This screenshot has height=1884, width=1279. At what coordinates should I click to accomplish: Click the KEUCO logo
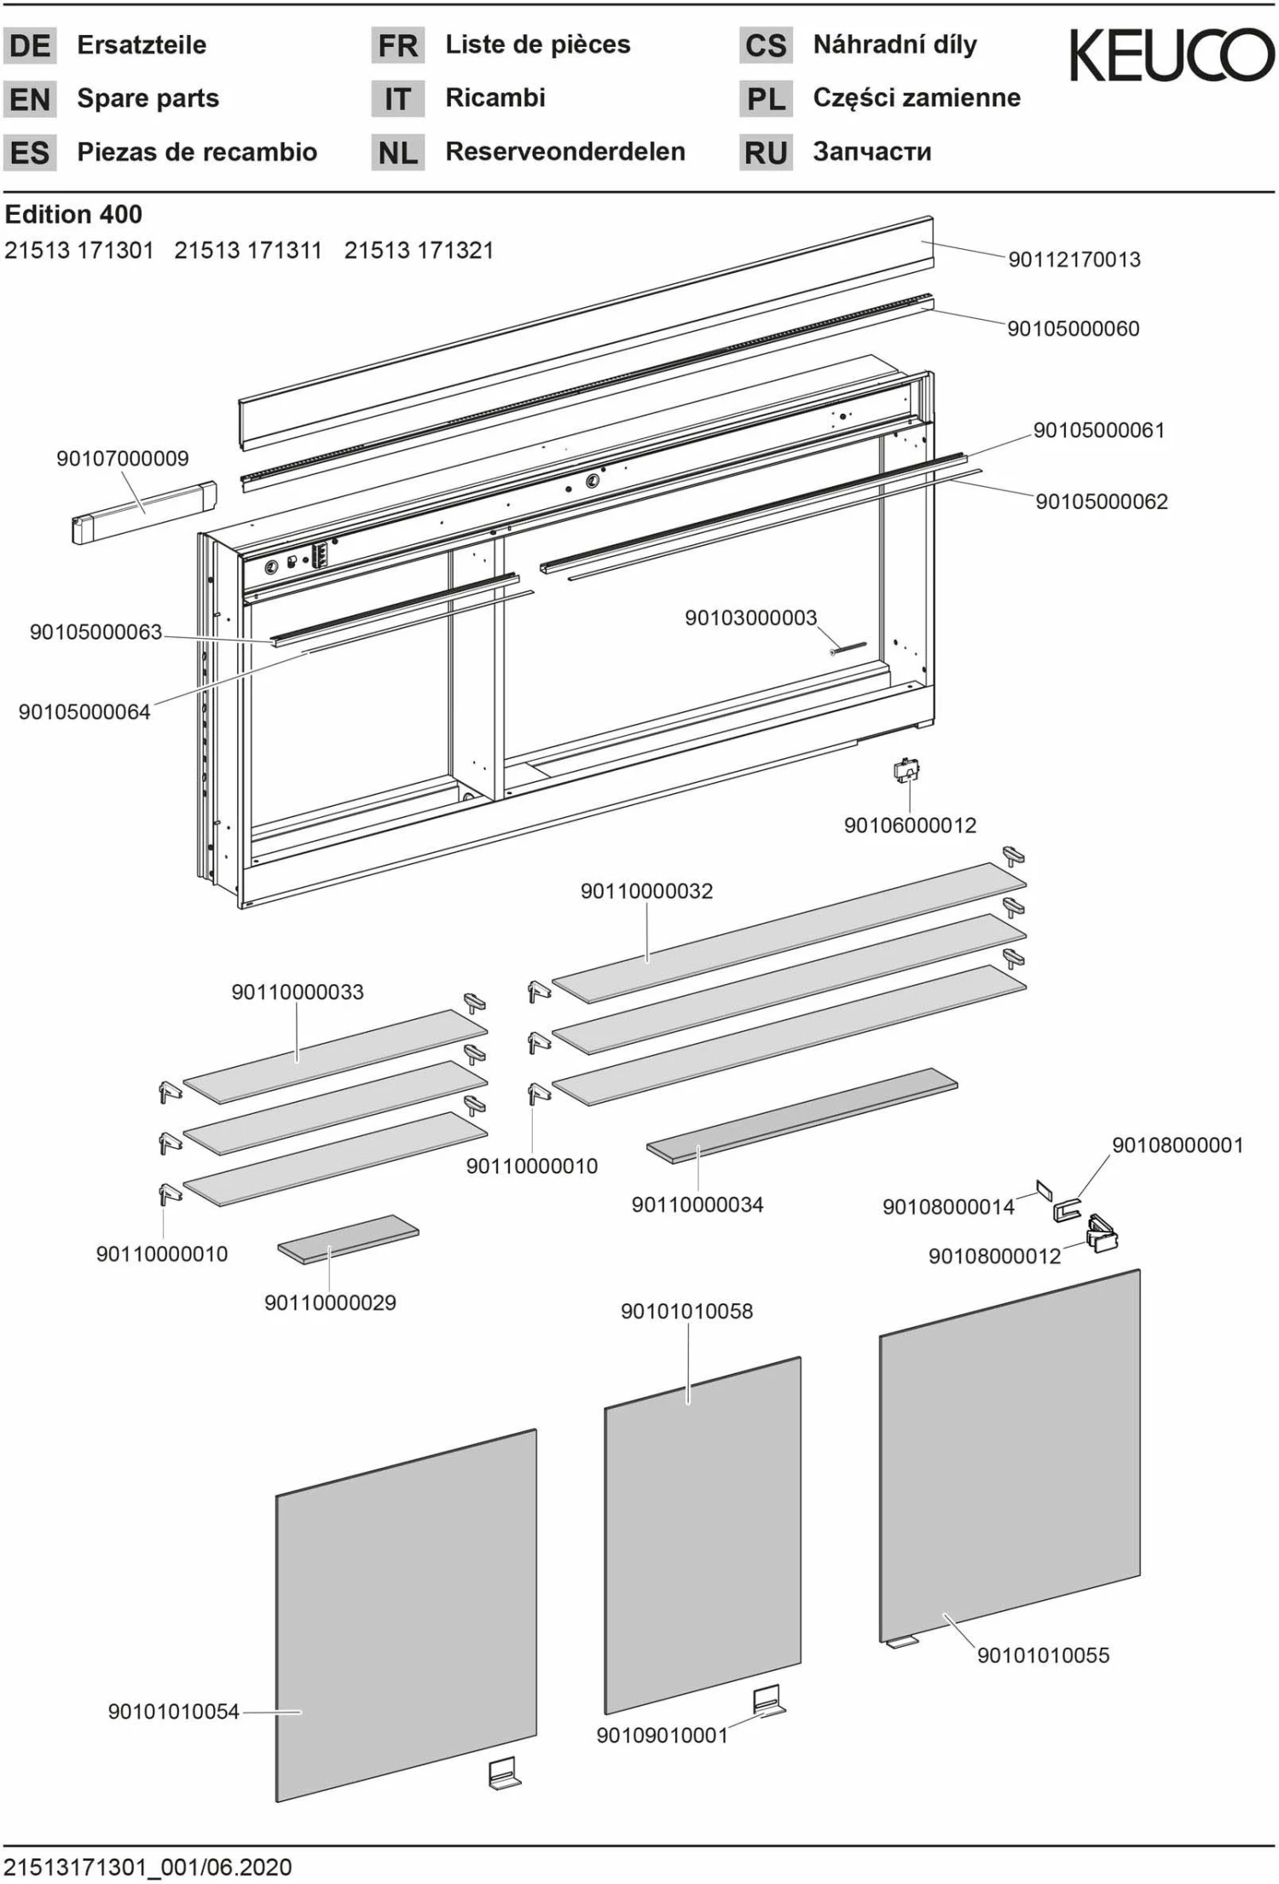coord(1172,55)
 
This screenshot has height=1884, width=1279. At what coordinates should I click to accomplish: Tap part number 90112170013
coord(1074,259)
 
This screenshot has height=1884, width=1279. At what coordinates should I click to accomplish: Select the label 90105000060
coord(1073,328)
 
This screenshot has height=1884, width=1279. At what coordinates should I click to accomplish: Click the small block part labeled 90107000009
coord(143,511)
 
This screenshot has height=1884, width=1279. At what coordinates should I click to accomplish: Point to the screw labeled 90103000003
coord(848,648)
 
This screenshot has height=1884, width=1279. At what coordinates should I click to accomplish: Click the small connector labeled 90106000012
coord(906,771)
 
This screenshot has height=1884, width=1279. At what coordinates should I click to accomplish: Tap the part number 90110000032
coord(646,891)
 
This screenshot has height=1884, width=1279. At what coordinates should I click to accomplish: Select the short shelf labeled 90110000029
coord(348,1238)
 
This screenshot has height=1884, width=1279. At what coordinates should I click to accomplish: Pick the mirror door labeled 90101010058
coord(702,1535)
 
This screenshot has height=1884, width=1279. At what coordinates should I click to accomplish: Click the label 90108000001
coord(1177,1145)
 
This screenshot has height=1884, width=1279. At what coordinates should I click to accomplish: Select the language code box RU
coord(765,153)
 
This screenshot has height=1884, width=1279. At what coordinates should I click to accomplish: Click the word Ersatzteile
coord(142,45)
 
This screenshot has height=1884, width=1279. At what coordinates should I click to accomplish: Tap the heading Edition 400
coord(73,214)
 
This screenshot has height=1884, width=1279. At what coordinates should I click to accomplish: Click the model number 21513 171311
coord(248,251)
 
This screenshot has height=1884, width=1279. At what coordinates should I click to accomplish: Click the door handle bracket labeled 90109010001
coord(768,1701)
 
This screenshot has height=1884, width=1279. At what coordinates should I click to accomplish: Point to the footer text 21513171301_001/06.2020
coord(148,1867)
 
